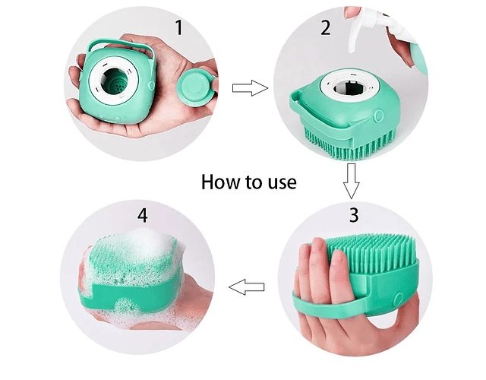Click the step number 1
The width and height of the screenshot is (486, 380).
[179, 27]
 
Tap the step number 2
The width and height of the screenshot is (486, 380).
[326, 28]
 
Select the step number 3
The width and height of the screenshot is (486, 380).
[354, 214]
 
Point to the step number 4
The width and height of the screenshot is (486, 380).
[142, 215]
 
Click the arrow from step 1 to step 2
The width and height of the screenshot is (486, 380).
[250, 88]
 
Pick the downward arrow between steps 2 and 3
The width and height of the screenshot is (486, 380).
[351, 181]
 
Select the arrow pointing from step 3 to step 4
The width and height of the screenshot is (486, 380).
[246, 287]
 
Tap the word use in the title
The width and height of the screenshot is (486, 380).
[282, 182]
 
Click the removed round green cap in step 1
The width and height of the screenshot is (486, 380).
[196, 87]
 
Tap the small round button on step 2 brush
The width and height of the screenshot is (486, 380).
[378, 116]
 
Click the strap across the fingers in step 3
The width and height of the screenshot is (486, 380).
[329, 305]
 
